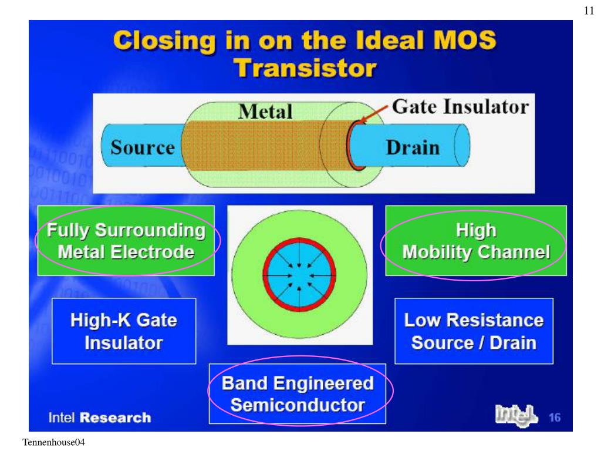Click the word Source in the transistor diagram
[x=143, y=147]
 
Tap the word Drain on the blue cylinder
[x=413, y=147]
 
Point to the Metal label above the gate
[x=265, y=111]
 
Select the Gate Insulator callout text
[x=460, y=107]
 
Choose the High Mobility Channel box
[x=476, y=241]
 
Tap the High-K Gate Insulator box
[x=124, y=331]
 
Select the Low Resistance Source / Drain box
[x=474, y=331]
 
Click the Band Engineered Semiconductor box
[x=298, y=393]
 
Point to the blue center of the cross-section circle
[x=299, y=274]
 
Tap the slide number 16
[x=555, y=418]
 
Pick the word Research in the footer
[x=115, y=418]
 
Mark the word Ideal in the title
[x=382, y=42]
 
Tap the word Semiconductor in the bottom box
[x=298, y=405]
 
